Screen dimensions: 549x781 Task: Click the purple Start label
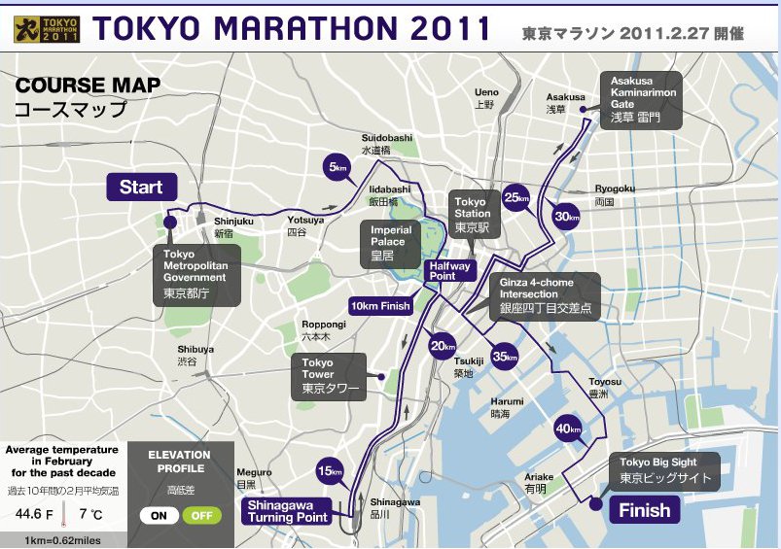pos(141,187)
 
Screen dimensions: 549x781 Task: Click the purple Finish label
pos(644,510)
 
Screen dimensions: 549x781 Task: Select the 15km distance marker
pos(331,472)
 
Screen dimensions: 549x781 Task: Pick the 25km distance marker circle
pos(516,198)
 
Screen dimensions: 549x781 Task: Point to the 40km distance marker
pos(568,429)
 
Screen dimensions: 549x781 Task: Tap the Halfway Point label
pos(450,270)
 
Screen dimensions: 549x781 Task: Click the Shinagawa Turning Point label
pos(287,511)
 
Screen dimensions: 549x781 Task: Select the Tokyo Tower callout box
pos(329,376)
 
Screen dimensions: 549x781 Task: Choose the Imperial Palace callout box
pos(391,243)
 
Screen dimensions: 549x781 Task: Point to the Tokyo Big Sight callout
pos(666,471)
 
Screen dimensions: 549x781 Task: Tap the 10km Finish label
pos(381,306)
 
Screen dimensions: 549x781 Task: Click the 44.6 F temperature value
pos(28,512)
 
